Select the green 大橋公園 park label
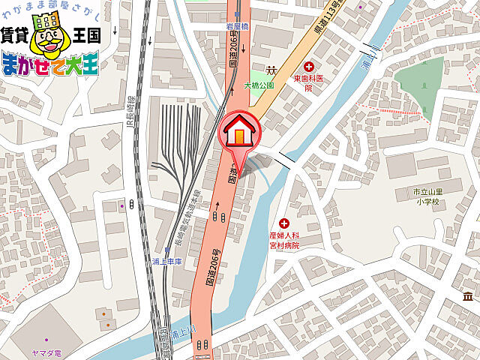pyautogui.click(x=259, y=85)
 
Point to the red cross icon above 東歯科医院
pyautogui.click(x=309, y=67)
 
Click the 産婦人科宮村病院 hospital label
pyautogui.click(x=284, y=241)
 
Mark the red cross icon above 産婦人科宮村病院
pyautogui.click(x=284, y=223)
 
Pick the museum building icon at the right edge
pyautogui.click(x=467, y=301)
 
